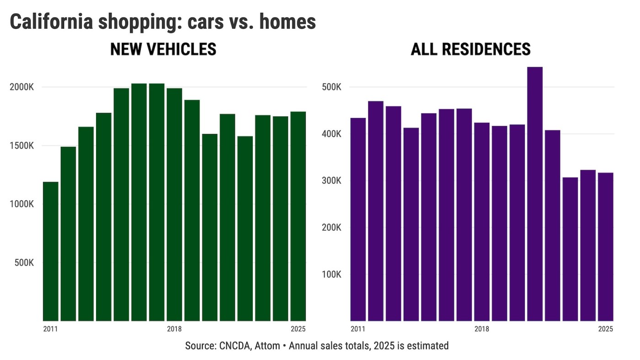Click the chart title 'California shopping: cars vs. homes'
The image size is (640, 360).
(163, 21)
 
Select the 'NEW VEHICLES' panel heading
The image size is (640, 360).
(163, 49)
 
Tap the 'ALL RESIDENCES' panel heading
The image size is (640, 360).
(470, 49)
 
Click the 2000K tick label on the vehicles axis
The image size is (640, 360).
(22, 87)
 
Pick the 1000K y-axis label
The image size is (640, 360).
(22, 204)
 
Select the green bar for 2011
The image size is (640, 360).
(51, 252)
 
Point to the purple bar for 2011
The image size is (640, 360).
(358, 220)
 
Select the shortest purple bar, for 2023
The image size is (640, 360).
(570, 249)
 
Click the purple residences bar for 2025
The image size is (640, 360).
(606, 247)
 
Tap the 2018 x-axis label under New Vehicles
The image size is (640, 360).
(174, 329)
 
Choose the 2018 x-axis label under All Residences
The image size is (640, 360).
(482, 329)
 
